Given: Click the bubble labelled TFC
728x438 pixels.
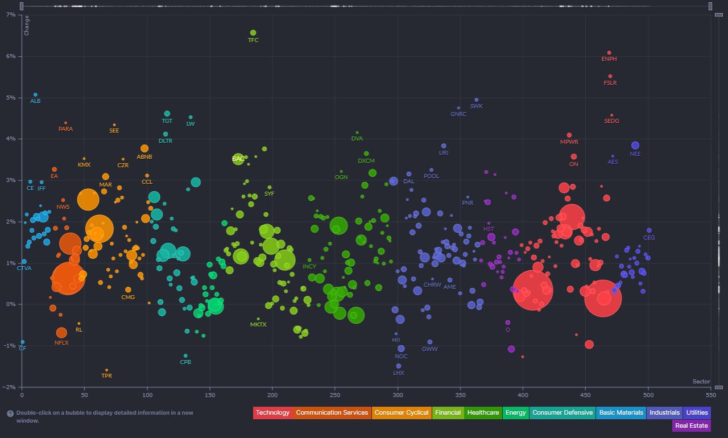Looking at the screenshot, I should tap(253, 33).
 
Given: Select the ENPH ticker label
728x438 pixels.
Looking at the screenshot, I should tap(609, 59).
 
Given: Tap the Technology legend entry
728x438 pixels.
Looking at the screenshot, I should tap(272, 413).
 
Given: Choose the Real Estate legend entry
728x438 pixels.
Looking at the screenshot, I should tap(692, 425).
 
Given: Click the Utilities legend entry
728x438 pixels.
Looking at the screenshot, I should tap(697, 413).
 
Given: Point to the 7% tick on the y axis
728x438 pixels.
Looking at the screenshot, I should tap(11, 15).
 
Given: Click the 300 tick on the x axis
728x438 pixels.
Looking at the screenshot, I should tap(398, 394).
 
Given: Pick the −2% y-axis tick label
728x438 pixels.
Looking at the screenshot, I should tap(10, 387).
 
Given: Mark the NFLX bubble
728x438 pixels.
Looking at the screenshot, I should tap(61, 333).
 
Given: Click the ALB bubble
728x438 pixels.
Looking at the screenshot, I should tap(35, 94).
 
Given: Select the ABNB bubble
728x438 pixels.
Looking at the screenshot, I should tap(144, 148).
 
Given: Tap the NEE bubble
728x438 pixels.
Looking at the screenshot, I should tap(635, 146).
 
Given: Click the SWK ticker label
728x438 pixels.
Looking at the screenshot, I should tap(477, 106).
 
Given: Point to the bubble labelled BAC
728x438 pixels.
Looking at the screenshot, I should tap(238, 159).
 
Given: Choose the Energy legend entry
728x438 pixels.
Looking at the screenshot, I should tap(516, 413).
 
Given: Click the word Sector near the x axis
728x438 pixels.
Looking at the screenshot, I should tap(701, 382).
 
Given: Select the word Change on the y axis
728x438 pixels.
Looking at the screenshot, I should tap(27, 26).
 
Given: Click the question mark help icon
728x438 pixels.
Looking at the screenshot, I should tap(10, 414).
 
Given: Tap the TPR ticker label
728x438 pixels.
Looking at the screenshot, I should tap(106, 376).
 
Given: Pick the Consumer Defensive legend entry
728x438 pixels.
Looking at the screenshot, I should tap(562, 413).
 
